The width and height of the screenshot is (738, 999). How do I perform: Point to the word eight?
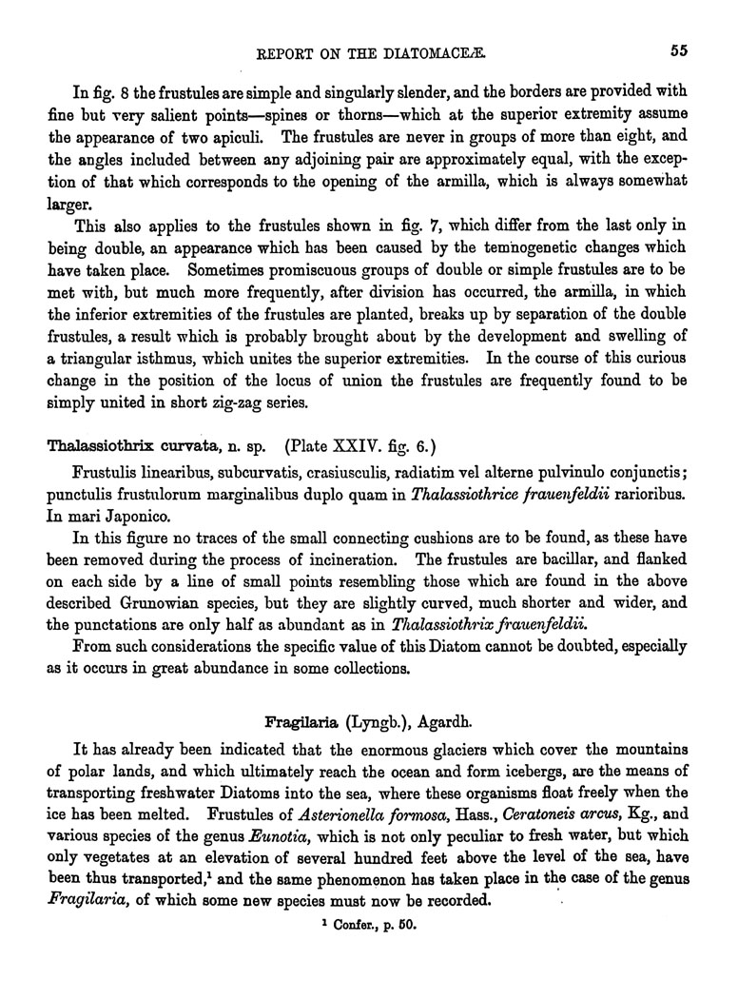[x=628, y=131]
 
